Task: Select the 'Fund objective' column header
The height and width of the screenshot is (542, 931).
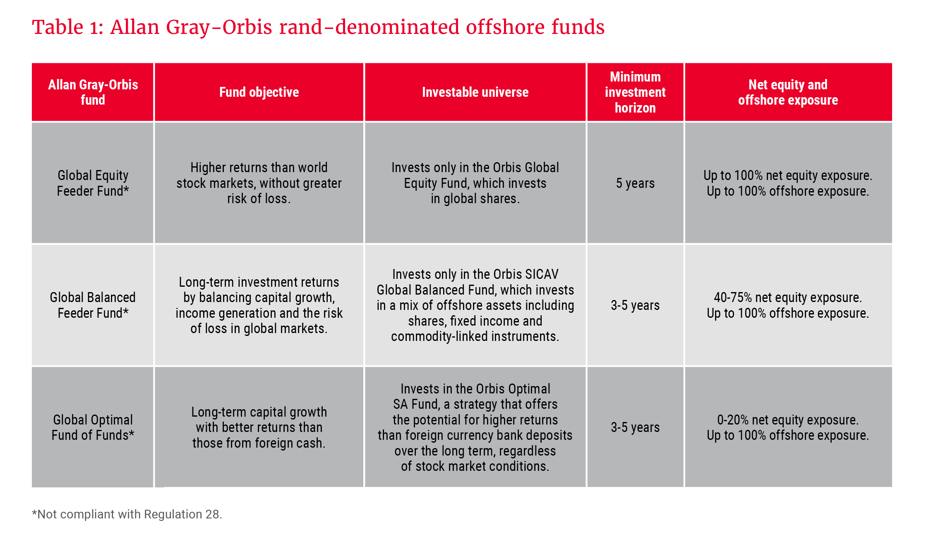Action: point(259,92)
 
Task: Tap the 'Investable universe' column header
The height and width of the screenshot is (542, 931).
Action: point(475,92)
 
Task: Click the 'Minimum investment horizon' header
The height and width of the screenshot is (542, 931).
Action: point(635,92)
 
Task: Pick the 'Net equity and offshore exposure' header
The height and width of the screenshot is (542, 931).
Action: point(788,92)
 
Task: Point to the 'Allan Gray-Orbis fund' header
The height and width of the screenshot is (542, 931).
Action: point(93,92)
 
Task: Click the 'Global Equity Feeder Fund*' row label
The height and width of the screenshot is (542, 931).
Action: point(93,183)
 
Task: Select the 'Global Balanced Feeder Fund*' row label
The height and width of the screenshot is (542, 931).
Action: point(93,305)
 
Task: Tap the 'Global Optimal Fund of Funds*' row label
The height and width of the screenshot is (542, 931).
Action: point(93,427)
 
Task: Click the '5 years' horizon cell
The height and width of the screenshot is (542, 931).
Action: point(635,183)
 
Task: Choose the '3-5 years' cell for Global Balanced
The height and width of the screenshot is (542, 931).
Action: point(635,305)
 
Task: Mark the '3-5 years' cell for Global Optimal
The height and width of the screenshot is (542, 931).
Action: point(635,427)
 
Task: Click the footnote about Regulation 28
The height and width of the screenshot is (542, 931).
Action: point(127,514)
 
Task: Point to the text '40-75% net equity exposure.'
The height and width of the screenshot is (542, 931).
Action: point(788,297)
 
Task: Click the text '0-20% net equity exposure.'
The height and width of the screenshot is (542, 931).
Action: point(788,420)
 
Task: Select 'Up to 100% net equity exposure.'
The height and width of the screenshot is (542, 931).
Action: point(788,175)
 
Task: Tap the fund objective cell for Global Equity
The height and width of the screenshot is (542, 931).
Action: point(259,183)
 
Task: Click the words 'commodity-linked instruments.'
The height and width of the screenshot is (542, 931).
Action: point(475,336)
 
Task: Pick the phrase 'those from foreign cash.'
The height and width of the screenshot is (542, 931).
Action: point(259,443)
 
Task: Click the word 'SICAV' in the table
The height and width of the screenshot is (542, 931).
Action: point(541,274)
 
